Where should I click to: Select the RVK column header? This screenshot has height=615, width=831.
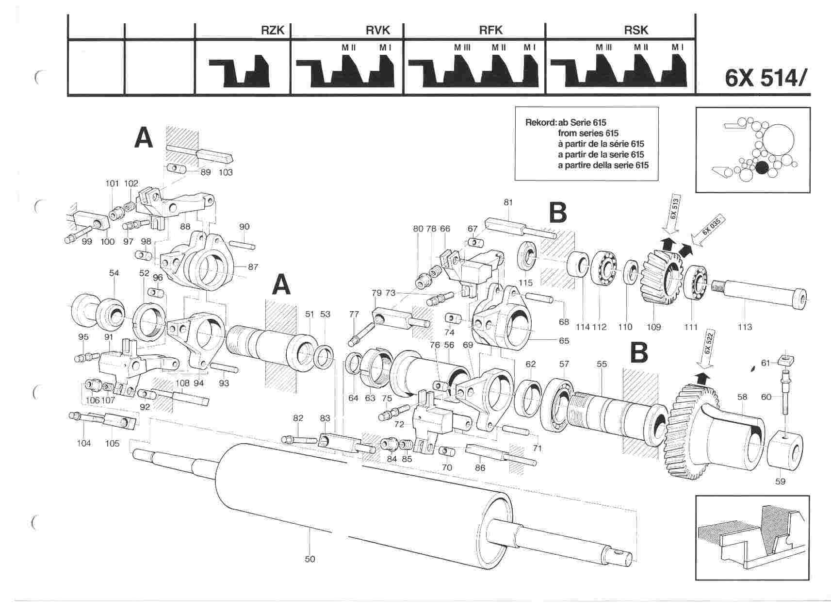tap(378, 30)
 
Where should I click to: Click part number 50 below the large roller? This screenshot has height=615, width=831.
tap(310, 559)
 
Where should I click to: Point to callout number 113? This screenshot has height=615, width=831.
tap(745, 327)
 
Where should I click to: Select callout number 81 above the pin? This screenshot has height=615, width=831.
tap(508, 202)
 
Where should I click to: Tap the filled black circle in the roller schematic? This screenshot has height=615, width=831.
tap(762, 167)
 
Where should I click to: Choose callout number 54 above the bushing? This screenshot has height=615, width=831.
tap(114, 273)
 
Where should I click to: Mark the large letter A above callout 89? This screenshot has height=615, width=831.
tap(144, 137)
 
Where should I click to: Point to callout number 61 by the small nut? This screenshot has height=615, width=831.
tap(765, 363)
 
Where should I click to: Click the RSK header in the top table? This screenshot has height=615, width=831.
tap(636, 30)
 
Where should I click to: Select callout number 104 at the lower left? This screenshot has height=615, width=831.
tap(84, 443)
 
